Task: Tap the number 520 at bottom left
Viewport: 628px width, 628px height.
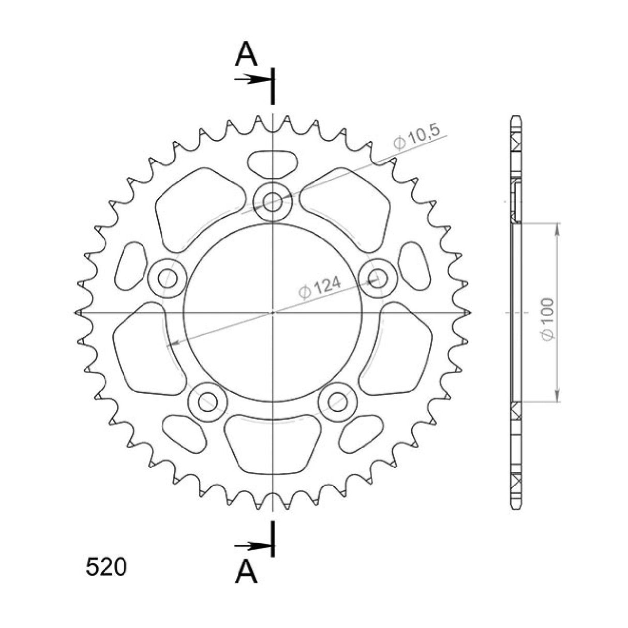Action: [105, 567]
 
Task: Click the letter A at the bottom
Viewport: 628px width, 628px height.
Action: [246, 572]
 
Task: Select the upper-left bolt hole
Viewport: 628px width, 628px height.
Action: [167, 279]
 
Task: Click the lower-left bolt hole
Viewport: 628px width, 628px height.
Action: [208, 400]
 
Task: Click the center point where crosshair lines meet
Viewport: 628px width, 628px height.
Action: [273, 312]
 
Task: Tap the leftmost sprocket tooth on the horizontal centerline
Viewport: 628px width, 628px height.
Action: [79, 312]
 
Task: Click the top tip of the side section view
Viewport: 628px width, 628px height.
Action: [515, 116]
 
